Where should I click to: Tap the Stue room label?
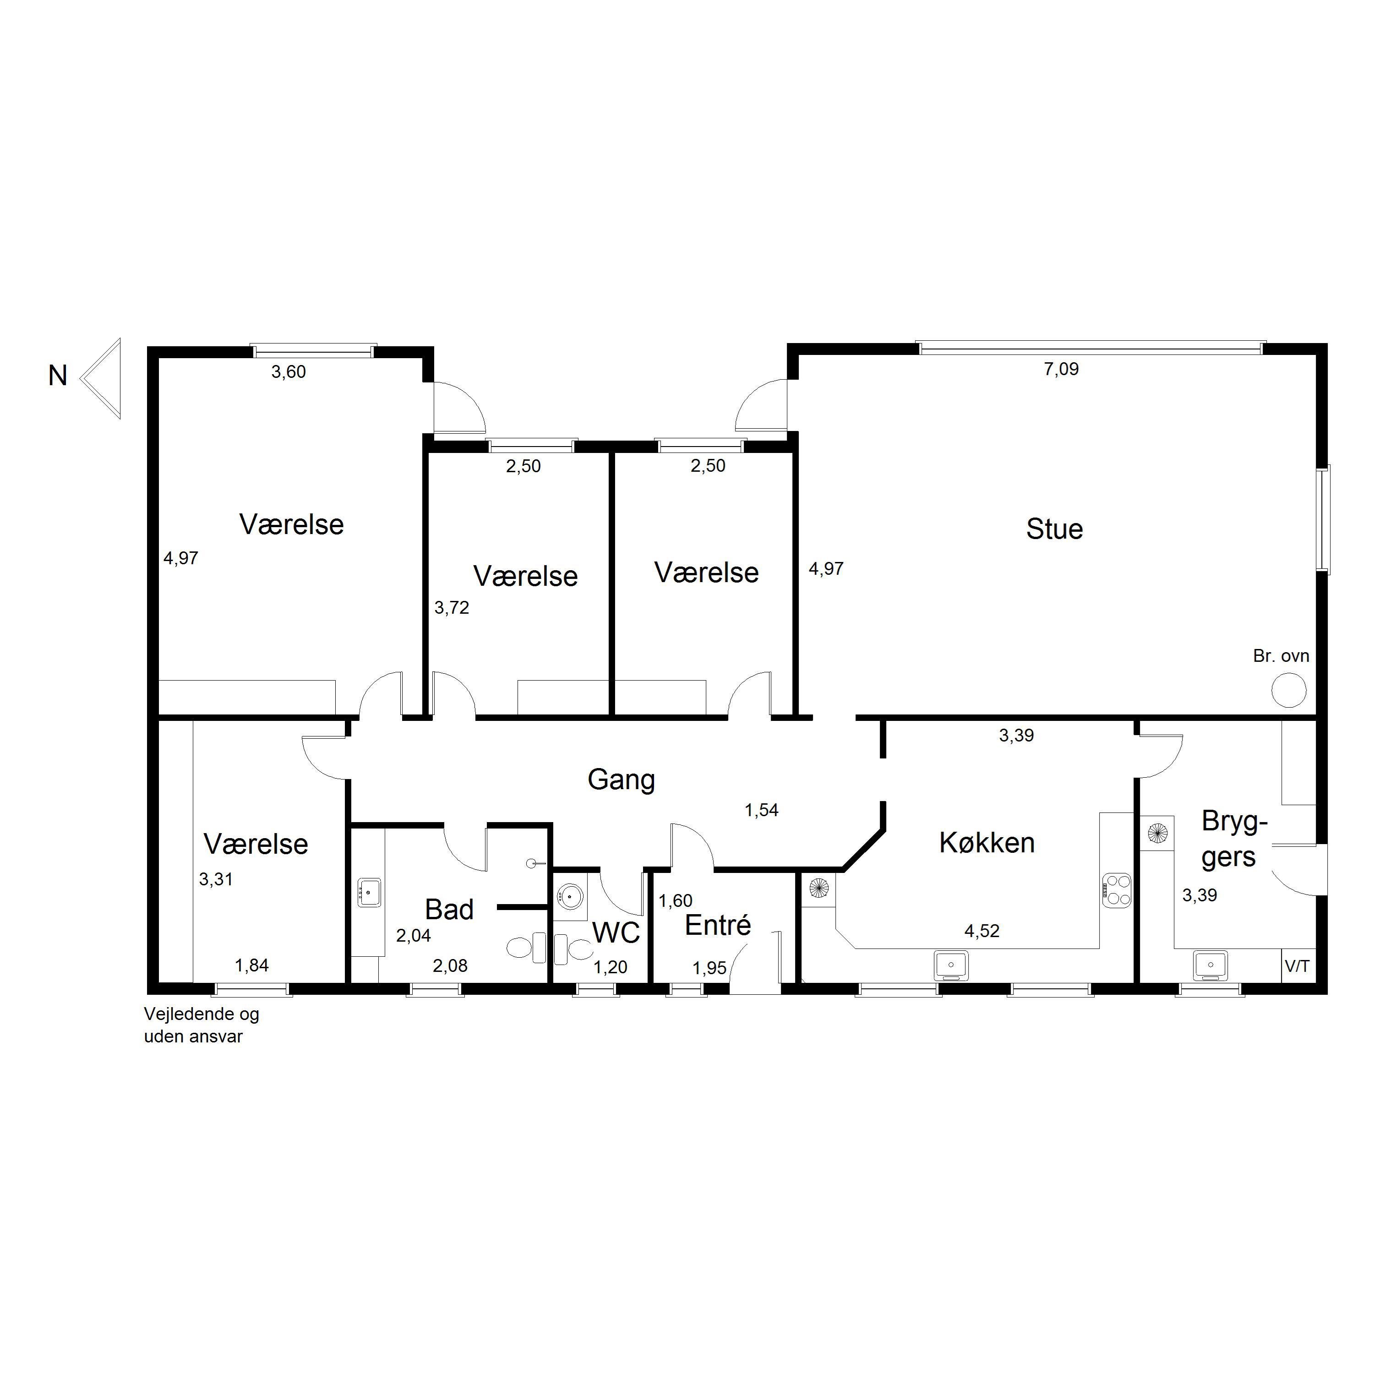click(x=1054, y=529)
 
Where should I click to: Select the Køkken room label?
click(x=987, y=843)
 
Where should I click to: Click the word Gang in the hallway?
click(x=621, y=780)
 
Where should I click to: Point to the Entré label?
click(x=718, y=925)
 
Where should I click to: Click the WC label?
click(x=616, y=933)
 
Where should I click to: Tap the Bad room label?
click(x=449, y=910)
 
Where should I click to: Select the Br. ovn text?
click(x=1281, y=656)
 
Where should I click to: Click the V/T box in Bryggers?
click(x=1298, y=966)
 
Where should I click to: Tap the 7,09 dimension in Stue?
click(x=1061, y=369)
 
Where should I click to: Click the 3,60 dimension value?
click(x=288, y=372)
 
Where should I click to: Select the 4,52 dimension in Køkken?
click(x=981, y=931)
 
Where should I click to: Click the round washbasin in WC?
click(x=570, y=896)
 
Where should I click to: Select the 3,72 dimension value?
click(x=452, y=608)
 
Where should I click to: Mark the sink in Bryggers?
click(x=1210, y=965)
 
